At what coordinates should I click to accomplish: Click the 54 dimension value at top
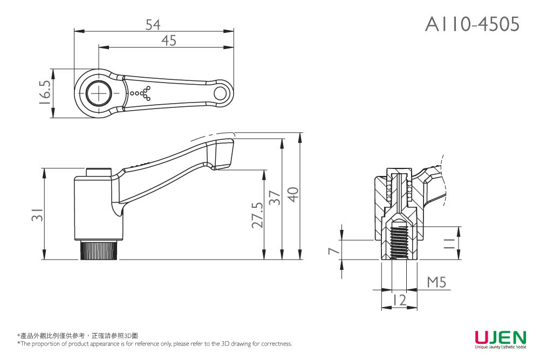tap(154, 24)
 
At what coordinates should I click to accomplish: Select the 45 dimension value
tap(169, 40)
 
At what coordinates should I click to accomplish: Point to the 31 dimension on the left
tap(36, 215)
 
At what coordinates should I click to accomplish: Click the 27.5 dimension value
tap(257, 215)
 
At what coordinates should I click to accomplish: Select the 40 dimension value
tap(292, 195)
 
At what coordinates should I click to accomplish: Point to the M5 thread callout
tap(436, 282)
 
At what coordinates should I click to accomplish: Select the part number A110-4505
tap(472, 24)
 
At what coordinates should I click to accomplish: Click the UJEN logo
tap(500, 338)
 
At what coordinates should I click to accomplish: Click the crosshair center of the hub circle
tap(99, 93)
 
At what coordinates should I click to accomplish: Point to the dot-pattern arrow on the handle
tap(141, 93)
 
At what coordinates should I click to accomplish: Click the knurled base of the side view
tap(99, 250)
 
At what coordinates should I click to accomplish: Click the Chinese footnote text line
tap(78, 336)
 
